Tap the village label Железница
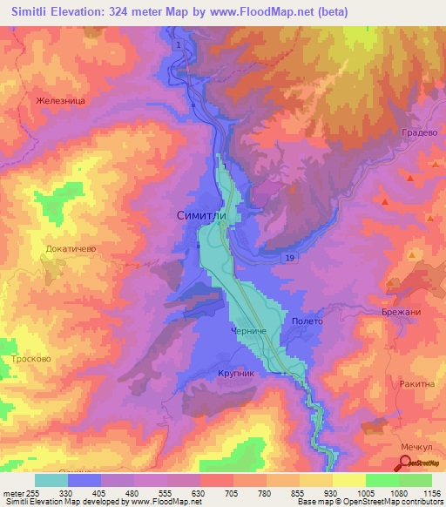point(61,101)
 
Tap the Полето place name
point(307,321)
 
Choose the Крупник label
point(235,373)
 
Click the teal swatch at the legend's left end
point(51,480)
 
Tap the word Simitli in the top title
point(37,12)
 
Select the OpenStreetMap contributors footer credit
point(389,502)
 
